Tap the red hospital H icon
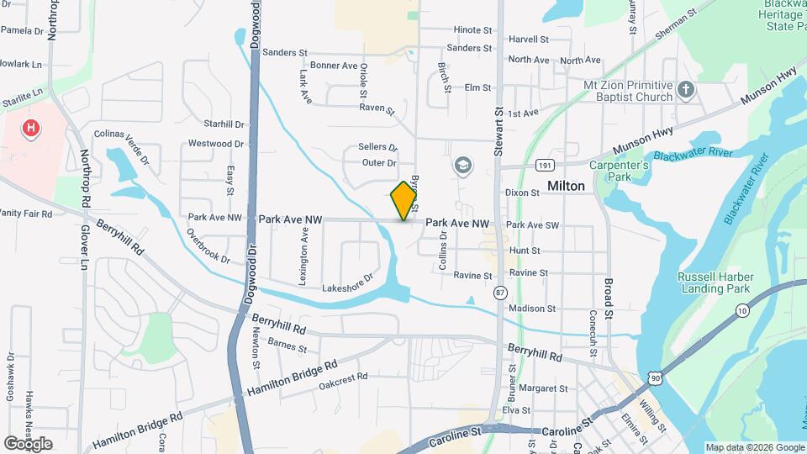pyautogui.click(x=31, y=128)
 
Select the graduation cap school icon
pyautogui.click(x=462, y=166)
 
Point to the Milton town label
pyautogui.click(x=566, y=186)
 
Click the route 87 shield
pyautogui.click(x=501, y=293)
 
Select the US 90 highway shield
pyautogui.click(x=655, y=379)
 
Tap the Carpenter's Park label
pyautogui.click(x=620, y=171)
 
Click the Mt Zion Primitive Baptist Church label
pyautogui.click(x=628, y=91)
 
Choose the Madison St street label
pyautogui.click(x=528, y=309)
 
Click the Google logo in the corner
pyautogui.click(x=29, y=443)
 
